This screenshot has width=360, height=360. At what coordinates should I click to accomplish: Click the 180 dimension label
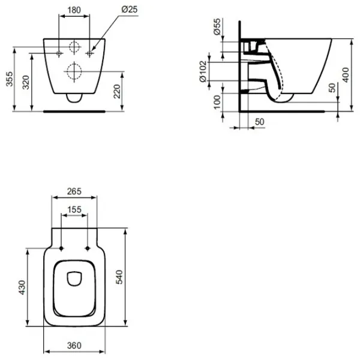pyautogui.click(x=74, y=10)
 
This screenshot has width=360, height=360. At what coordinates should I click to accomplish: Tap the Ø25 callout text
pyautogui.click(x=130, y=9)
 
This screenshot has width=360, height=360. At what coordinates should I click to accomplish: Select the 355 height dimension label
pyautogui.click(x=10, y=79)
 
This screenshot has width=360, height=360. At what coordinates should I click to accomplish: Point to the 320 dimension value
pyautogui.click(x=26, y=82)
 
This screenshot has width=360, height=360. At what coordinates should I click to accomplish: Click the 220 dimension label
pyautogui.click(x=117, y=91)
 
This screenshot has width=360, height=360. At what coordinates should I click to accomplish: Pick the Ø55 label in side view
pyautogui.click(x=217, y=26)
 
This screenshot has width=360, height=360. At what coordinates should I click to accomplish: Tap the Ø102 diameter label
pyautogui.click(x=203, y=71)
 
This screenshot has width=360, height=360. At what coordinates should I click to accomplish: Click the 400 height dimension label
pyautogui.click(x=346, y=75)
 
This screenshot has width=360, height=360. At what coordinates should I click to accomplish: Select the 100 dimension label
pyautogui.click(x=217, y=102)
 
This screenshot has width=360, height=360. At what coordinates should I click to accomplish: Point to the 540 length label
pyautogui.click(x=119, y=277)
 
